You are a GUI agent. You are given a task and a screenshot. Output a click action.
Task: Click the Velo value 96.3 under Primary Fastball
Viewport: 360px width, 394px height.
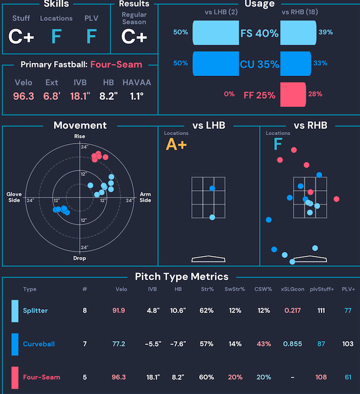tap(24, 97)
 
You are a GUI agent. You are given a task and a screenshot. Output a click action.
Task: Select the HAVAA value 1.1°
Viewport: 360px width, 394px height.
tap(136, 97)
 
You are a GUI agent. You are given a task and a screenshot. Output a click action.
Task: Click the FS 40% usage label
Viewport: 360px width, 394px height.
tap(260, 33)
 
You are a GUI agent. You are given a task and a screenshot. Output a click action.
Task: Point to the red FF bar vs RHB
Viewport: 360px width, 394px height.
tap(293, 94)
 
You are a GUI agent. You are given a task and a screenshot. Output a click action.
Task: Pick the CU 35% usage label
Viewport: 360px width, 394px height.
tap(260, 64)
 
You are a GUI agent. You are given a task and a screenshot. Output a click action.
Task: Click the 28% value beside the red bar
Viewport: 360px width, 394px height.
tap(315, 94)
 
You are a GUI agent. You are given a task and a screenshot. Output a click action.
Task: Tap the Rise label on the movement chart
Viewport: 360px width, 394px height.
tap(80, 136)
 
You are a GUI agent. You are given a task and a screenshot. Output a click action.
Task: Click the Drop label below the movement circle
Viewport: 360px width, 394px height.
tap(80, 258)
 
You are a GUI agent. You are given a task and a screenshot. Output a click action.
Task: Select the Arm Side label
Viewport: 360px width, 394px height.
tap(145, 198)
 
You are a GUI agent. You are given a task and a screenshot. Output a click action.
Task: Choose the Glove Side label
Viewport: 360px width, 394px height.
tap(14, 198)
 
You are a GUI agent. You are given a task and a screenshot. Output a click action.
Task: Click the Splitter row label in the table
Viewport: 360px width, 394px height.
tap(35, 310)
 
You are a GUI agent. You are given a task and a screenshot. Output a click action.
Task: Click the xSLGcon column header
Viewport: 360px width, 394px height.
tap(292, 289)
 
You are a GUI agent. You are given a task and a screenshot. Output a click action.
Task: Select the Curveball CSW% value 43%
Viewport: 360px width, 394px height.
tap(263, 344)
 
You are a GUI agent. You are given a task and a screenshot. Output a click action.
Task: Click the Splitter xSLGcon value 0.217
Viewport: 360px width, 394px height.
tap(292, 310)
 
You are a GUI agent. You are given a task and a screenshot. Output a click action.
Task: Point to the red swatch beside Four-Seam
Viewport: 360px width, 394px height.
tap(15, 377)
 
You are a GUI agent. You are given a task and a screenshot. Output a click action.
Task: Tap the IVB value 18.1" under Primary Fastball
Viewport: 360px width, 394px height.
tap(81, 97)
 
